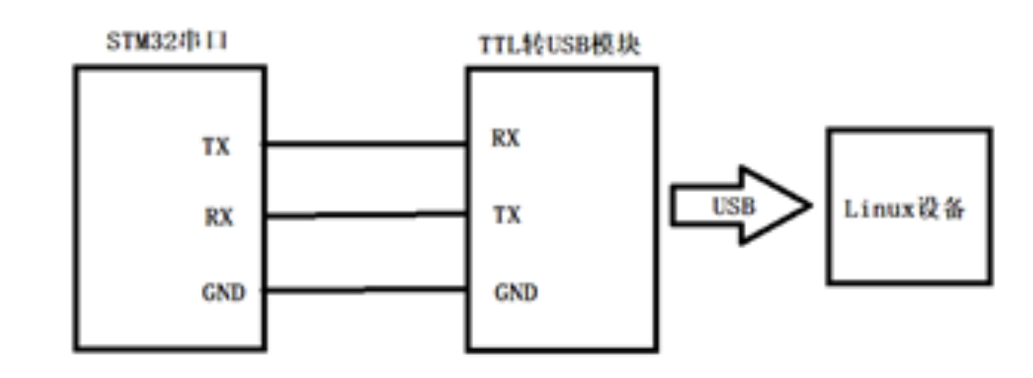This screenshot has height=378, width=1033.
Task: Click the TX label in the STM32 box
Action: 216,146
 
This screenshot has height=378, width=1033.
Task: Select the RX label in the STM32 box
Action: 219,217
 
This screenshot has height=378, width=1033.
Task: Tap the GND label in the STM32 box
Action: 223,292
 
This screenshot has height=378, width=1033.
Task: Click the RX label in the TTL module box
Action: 505,138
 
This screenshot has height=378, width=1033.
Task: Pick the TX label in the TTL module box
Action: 507,214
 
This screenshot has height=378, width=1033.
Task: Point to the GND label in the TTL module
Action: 516,292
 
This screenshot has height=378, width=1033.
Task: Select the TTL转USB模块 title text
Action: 559,45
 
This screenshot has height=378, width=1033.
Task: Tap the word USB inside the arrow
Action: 734,206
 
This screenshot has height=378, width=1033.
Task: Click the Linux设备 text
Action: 904,209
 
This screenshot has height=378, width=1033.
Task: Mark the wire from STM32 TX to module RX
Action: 365,143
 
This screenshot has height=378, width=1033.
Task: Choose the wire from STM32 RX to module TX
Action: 365,215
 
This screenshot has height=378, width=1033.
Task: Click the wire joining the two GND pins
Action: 365,290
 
